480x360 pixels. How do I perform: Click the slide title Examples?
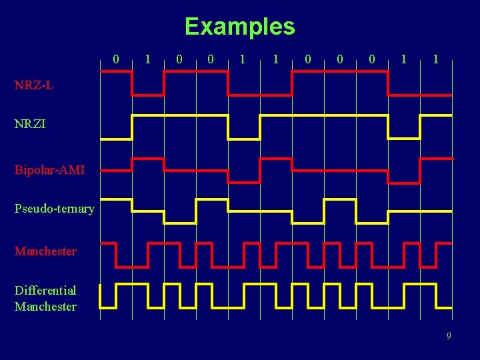coord(239,27)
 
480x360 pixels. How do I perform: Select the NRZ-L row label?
coord(32,85)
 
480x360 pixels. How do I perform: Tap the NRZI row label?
coord(30,124)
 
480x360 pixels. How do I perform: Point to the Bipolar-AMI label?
coord(49,170)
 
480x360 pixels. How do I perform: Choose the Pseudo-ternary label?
coord(54,209)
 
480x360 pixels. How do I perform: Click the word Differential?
coord(45,290)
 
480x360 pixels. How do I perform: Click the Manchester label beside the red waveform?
coord(45,251)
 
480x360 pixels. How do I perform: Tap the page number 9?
coord(449,336)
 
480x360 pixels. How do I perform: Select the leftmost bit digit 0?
coord(116,59)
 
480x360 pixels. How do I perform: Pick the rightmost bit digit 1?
coord(435,59)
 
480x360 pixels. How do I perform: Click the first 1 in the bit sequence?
coord(148,59)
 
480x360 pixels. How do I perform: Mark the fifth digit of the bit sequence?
coord(243,59)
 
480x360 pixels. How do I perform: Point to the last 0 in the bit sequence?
coord(371,59)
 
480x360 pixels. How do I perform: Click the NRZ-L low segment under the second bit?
coord(148,95)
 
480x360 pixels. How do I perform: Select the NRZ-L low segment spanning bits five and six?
coord(260,95)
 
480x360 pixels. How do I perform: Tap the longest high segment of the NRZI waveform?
coord(323,115)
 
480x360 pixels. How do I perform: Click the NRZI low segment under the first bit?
coord(116,139)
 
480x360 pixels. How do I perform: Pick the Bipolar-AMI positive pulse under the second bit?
coord(148,159)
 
